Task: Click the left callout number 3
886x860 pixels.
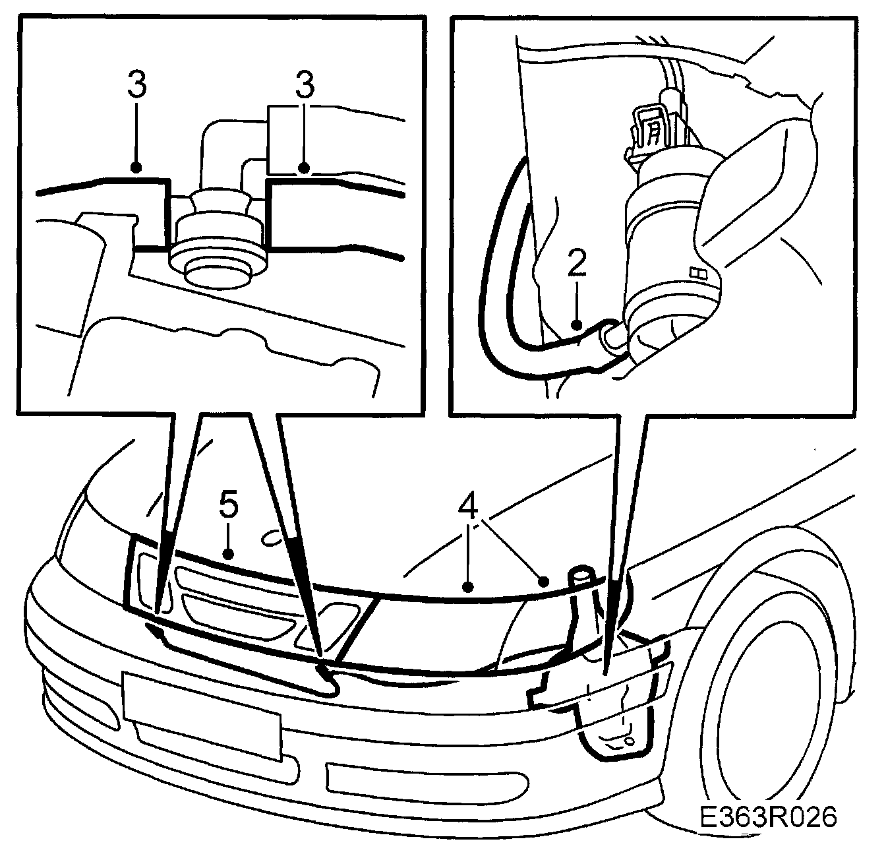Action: [x=136, y=87]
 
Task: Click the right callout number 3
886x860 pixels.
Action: [x=305, y=87]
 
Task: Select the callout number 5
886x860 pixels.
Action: [x=228, y=507]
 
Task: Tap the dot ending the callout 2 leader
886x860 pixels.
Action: [x=577, y=324]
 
